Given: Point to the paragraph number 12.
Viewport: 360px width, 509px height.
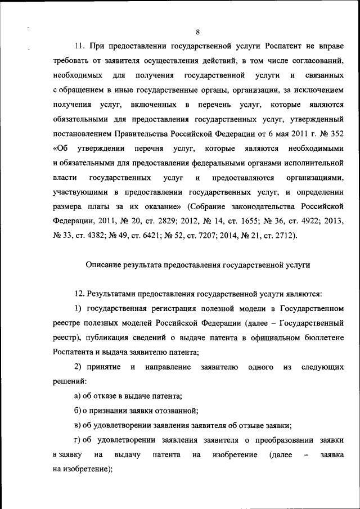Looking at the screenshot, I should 78,294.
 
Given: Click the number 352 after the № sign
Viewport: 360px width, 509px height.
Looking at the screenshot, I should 336,133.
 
